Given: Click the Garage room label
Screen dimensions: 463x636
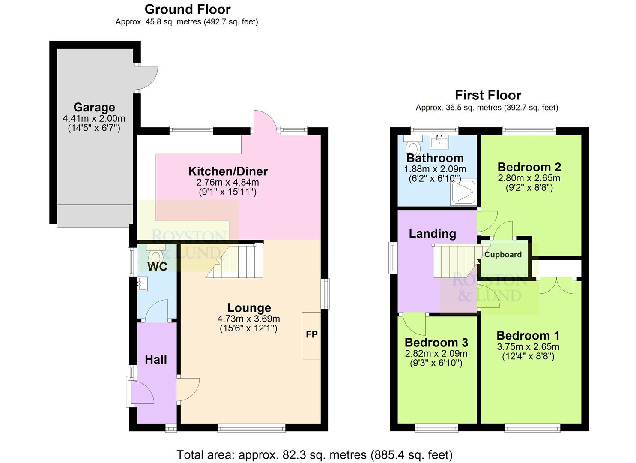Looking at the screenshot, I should (94, 107).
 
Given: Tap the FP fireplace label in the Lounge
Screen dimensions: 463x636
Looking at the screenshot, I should (311, 334).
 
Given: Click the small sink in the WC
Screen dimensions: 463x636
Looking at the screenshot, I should (142, 283).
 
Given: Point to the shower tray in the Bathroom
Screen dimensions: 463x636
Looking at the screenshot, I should (463, 192).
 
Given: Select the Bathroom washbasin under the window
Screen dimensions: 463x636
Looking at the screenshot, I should (438, 140).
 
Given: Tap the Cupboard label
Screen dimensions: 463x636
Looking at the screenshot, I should (503, 254).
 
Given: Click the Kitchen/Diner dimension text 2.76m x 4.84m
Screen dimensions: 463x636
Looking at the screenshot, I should (228, 182).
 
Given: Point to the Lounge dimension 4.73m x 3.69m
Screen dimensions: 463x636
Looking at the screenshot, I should (249, 319).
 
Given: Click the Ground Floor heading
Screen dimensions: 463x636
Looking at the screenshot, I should (188, 9).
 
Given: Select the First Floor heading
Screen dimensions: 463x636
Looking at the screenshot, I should (488, 95).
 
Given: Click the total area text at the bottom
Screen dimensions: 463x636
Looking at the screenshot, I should (315, 454).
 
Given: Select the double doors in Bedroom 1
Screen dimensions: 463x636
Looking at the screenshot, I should (556, 286).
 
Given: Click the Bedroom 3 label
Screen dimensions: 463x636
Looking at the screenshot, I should (436, 342).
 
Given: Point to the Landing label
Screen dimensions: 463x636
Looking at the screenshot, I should (432, 233).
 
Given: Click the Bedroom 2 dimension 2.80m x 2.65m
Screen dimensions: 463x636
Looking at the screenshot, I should (529, 178).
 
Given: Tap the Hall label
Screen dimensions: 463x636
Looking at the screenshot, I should (156, 359).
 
